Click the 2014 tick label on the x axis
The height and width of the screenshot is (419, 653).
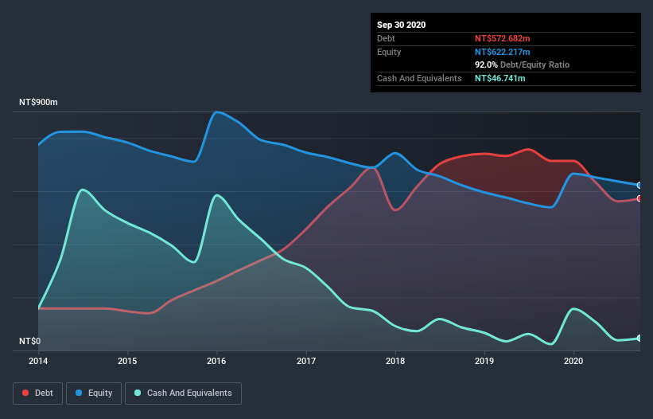point(38,362)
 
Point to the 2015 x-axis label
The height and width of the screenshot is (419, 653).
point(127,362)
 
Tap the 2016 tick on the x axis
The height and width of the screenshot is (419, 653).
point(216,362)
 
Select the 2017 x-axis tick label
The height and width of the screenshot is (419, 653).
point(305,362)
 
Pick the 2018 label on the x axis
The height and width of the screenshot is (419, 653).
point(395,362)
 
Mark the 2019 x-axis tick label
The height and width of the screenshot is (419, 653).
point(484,362)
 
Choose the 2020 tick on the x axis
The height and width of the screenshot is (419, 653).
point(573,362)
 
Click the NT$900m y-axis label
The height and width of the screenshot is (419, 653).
point(39,104)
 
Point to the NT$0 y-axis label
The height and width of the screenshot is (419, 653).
point(29,342)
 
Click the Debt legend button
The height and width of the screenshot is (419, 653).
point(38,393)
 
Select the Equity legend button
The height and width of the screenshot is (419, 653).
point(94,393)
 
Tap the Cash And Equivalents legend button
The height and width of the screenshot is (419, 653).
point(183,393)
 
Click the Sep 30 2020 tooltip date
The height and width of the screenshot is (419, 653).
point(402,25)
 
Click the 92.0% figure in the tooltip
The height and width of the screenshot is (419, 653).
point(485,65)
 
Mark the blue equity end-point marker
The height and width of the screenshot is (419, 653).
point(639,185)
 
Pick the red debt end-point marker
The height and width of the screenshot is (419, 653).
point(639,198)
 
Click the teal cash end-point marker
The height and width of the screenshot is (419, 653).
point(639,339)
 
